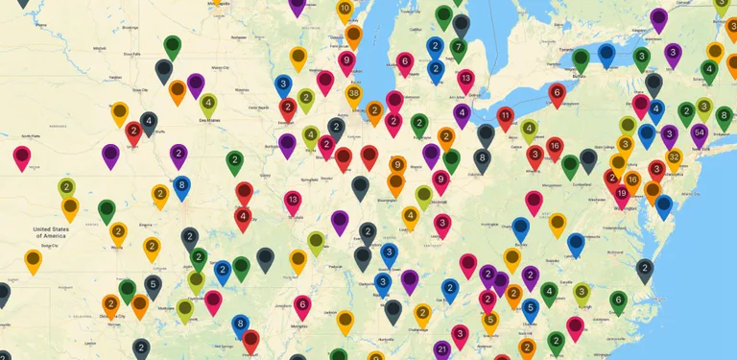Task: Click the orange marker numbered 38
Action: (354, 94)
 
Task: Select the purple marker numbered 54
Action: (700, 132)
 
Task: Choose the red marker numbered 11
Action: (506, 116)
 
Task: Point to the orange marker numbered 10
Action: (345, 10)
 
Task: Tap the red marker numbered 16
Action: (555, 146)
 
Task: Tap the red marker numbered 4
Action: (244, 217)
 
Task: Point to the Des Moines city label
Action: (209, 121)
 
